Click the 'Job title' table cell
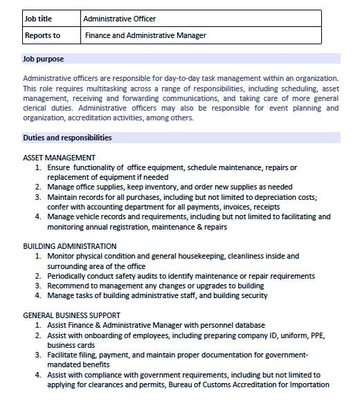click(39, 19)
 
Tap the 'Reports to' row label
click(42, 35)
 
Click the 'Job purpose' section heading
click(44, 59)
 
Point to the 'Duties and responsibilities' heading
click(67, 138)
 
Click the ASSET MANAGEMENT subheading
click(59, 158)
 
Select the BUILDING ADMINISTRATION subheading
click(69, 246)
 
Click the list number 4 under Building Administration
click(38, 295)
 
